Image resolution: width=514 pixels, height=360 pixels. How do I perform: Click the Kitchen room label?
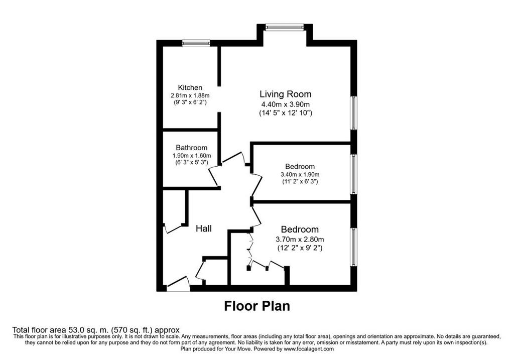click(190, 87)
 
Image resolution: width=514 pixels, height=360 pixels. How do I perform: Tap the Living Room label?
click(285, 94)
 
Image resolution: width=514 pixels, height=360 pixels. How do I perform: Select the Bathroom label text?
click(191, 148)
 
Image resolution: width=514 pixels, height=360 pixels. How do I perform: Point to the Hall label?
click(204, 228)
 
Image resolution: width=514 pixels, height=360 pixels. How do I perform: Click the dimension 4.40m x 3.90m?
click(285, 104)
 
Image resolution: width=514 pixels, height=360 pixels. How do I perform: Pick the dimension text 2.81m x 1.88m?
click(190, 95)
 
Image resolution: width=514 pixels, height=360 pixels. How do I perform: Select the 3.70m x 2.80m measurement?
click(300, 239)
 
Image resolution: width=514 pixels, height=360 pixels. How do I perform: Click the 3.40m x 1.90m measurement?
click(300, 175)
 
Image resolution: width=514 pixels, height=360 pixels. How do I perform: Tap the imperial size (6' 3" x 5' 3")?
click(191, 162)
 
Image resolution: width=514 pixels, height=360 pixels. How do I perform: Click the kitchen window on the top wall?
click(196, 43)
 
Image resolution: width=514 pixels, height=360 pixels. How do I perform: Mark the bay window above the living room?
click(285, 27)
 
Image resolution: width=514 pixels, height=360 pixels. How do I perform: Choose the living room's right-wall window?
click(354, 113)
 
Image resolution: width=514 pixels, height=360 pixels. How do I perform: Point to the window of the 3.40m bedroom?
click(354, 174)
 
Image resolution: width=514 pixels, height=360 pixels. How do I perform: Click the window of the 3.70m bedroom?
click(354, 247)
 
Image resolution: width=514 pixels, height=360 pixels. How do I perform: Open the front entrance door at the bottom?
click(178, 284)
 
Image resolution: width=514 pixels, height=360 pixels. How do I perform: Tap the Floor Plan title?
click(257, 306)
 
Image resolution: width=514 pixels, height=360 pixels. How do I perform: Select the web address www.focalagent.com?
click(309, 349)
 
